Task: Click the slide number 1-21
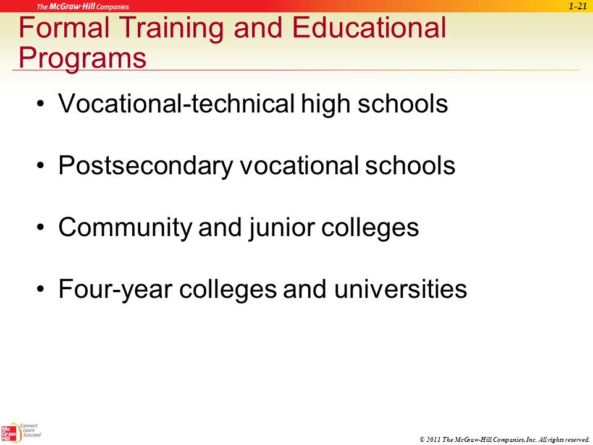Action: (x=578, y=6)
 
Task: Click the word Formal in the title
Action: (x=65, y=27)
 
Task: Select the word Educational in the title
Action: (x=369, y=27)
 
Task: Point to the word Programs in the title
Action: (x=82, y=59)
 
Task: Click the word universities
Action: (x=400, y=289)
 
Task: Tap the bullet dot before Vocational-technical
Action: (x=41, y=104)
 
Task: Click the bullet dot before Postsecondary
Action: (x=41, y=166)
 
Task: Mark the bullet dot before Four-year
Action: (x=41, y=289)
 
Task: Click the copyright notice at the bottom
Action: (x=505, y=439)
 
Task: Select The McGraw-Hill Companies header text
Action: (x=83, y=6)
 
